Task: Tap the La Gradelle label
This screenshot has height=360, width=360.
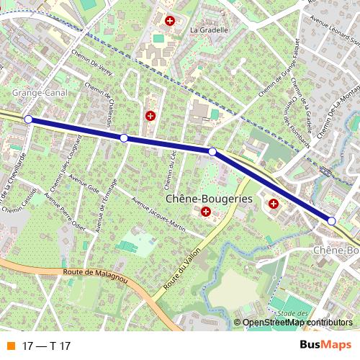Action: point(209,30)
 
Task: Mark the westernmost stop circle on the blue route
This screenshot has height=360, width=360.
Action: point(28,119)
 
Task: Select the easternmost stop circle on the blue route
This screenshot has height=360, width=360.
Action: point(332,221)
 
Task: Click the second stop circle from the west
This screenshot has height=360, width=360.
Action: point(124,138)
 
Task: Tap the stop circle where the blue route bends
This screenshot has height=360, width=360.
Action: point(212,151)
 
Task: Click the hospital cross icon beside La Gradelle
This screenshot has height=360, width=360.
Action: point(170,22)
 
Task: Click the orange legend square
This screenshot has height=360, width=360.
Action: point(10,346)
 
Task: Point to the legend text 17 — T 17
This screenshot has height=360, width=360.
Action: point(47,346)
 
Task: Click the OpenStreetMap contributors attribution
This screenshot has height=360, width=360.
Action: point(297,323)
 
